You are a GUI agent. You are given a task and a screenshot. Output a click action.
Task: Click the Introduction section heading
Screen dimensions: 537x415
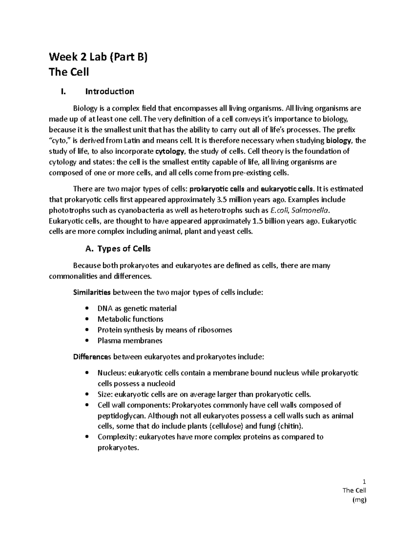tap(110, 92)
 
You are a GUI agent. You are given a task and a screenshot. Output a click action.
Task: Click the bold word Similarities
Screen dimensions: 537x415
tap(92, 293)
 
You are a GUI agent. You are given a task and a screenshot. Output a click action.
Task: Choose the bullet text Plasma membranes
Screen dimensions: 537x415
tap(130, 341)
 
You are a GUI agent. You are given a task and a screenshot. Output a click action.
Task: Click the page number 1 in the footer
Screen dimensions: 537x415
tap(364, 482)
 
